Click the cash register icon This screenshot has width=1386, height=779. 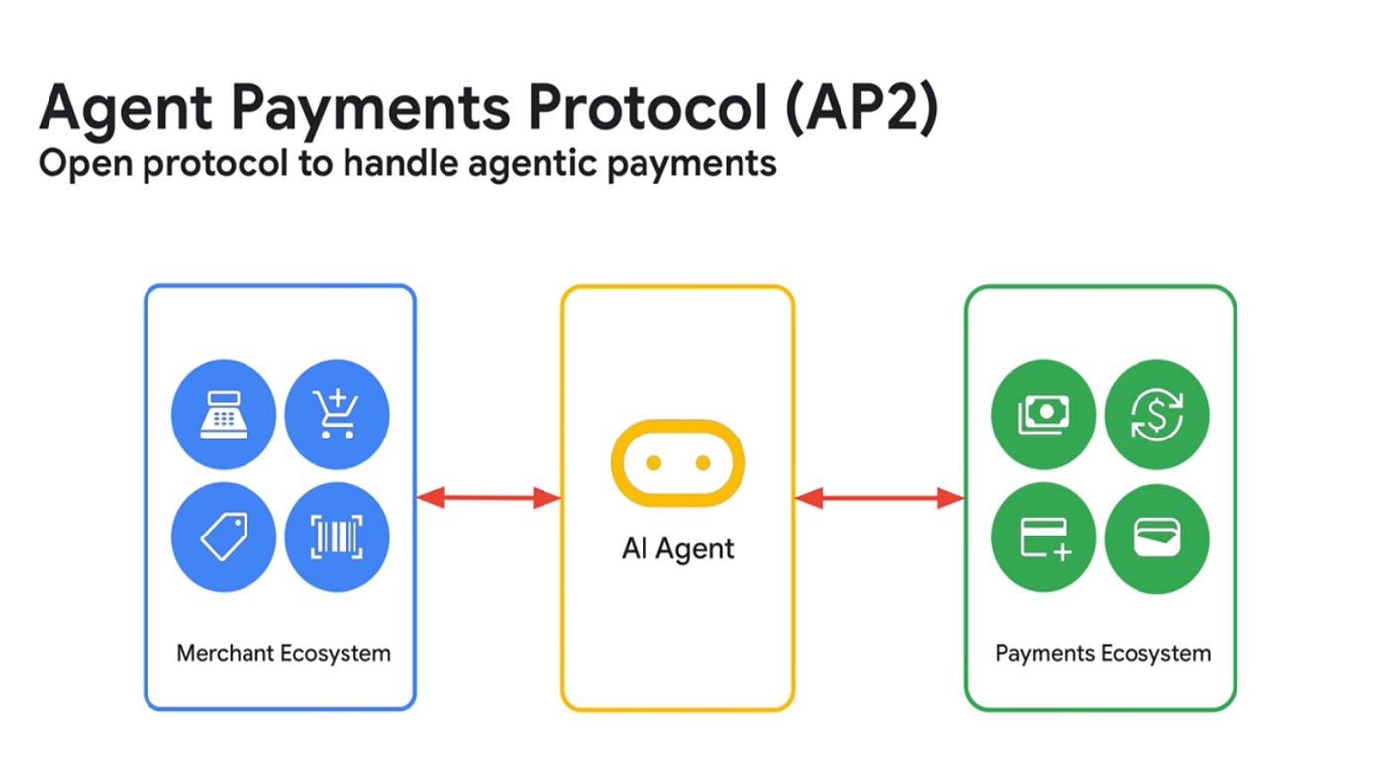coord(224,412)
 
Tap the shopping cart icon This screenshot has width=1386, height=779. coord(337,412)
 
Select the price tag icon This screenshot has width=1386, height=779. coord(224,536)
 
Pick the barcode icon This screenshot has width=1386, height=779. coord(337,536)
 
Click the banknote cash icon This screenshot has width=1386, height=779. coord(1042,412)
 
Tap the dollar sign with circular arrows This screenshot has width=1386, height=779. coord(1156,412)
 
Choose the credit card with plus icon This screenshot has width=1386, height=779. coord(1042,536)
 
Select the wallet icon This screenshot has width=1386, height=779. coord(1156,536)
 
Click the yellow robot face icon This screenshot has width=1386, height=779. coord(678,462)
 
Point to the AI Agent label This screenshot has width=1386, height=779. coord(678,548)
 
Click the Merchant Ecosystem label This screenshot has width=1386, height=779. coord(283,653)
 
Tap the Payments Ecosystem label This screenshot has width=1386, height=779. coord(1102,653)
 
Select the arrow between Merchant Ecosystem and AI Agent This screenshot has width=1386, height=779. coord(489,498)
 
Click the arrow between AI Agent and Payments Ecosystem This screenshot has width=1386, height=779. coord(879,498)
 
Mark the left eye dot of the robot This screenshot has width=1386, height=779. coord(653,462)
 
